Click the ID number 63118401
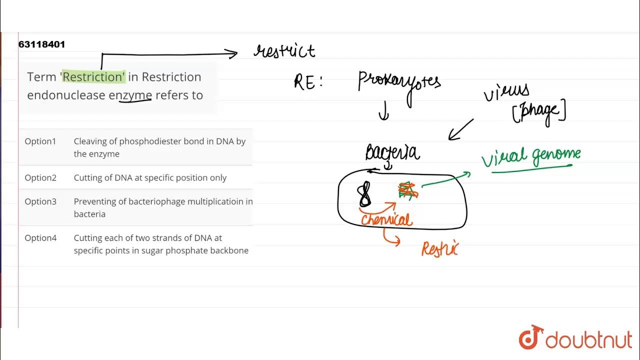[41, 44]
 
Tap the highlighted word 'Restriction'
[93, 76]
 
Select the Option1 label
[40, 141]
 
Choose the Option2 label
[40, 177]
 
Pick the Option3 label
[40, 201]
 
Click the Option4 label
[40, 238]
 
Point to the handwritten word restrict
[284, 50]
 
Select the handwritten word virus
[506, 92]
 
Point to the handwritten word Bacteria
[392, 152]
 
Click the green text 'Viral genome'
[531, 156]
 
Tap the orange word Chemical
[386, 219]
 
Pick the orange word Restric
[439, 248]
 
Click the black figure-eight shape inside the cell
[365, 195]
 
